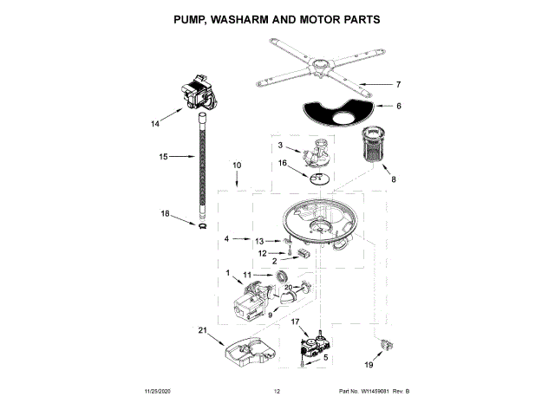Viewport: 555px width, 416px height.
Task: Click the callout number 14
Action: click(155, 124)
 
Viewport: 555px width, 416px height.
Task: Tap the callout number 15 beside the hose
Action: click(163, 157)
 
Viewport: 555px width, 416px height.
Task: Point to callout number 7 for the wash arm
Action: click(398, 84)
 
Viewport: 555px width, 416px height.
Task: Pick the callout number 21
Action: click(203, 329)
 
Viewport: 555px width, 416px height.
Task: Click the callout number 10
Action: click(237, 165)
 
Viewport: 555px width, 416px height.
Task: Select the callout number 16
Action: click(282, 162)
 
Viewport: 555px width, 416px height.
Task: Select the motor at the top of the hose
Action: click(198, 94)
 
